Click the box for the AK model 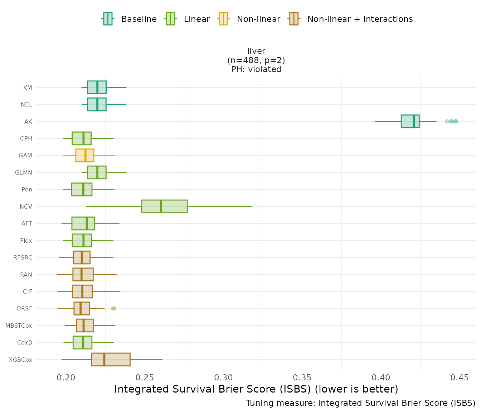(x=410, y=121)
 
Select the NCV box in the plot (x=164, y=206)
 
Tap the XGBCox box (x=111, y=360)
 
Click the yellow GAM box (x=84, y=155)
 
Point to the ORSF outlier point (x=113, y=308)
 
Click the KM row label (x=28, y=87)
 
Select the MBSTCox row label (x=19, y=326)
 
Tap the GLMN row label (x=24, y=172)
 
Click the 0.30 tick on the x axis (x=224, y=378)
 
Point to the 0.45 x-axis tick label (x=460, y=378)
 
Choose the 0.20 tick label (x=66, y=378)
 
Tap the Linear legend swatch (x=170, y=19)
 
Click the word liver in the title (x=256, y=51)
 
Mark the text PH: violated (x=256, y=69)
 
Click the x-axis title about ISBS (x=256, y=389)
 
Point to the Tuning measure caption (x=361, y=403)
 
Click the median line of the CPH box (x=83, y=138)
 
